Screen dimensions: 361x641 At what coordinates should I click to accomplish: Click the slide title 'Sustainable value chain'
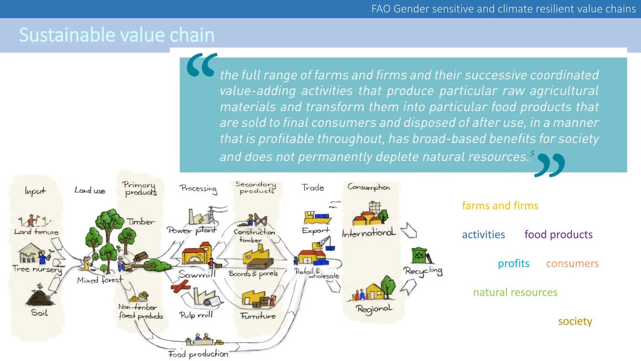[x=116, y=35]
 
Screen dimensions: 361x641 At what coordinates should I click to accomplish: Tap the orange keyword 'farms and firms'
[x=500, y=206]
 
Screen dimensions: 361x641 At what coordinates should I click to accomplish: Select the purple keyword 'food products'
[x=558, y=234]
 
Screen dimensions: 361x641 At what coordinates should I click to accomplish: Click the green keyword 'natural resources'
[x=515, y=292]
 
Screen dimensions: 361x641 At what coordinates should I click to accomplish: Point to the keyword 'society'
[x=575, y=321]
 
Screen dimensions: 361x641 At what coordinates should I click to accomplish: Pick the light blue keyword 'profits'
[x=513, y=263]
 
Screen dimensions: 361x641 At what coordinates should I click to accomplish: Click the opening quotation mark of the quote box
[x=202, y=65]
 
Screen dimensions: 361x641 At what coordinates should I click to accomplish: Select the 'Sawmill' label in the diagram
[x=197, y=274]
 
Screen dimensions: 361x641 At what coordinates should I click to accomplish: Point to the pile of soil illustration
[x=40, y=296]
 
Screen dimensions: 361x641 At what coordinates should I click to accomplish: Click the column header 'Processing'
[x=198, y=188]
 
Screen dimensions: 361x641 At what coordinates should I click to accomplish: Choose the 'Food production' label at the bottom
[x=198, y=354]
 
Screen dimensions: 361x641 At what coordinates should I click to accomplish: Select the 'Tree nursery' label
[x=37, y=269]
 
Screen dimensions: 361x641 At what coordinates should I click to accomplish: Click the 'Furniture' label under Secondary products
[x=258, y=316]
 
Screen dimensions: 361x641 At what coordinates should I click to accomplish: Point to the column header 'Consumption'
[x=368, y=187]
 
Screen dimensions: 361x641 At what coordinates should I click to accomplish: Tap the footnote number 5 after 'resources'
[x=532, y=153]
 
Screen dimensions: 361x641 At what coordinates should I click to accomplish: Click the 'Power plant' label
[x=192, y=230]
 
